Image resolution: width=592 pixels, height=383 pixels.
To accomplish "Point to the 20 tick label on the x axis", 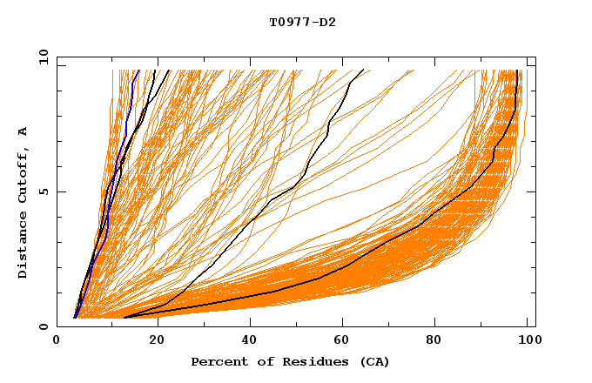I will click(153, 342).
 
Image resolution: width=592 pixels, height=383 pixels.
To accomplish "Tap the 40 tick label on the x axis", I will click(249, 342).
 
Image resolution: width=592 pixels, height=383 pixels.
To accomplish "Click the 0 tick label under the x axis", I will click(57, 342).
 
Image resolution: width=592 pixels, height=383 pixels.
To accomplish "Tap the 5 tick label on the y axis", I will click(43, 191).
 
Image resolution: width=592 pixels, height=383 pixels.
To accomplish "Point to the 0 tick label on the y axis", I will click(43, 326).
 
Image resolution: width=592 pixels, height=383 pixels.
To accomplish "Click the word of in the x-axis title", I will click(261, 361).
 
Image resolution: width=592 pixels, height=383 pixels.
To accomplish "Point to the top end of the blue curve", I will click(138, 71).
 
